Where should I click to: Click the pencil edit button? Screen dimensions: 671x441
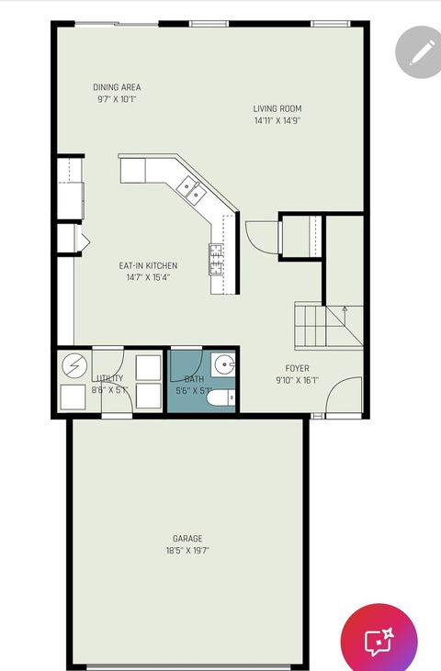coord(418,51)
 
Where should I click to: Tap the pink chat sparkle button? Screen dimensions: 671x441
coord(379,642)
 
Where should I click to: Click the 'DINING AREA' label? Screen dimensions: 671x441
coord(117,88)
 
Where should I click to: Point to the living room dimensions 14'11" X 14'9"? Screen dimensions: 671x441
coord(277,120)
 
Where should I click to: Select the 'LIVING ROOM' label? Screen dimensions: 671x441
coord(277,109)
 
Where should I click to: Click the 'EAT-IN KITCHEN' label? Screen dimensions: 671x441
coord(148,266)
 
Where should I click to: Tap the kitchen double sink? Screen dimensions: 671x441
coord(192,189)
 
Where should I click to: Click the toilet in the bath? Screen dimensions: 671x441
coord(221,397)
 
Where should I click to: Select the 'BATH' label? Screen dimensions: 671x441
coord(194,379)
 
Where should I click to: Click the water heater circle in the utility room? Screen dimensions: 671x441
coord(73,365)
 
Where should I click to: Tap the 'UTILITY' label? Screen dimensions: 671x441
coord(109,378)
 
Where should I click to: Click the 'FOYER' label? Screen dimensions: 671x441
coord(298,368)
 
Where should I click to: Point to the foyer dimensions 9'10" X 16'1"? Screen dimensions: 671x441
coord(298,380)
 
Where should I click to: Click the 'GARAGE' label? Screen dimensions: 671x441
coord(187,539)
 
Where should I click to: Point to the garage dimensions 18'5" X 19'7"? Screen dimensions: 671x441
coord(187,551)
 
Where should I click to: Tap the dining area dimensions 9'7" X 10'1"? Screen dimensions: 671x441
coord(117,99)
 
